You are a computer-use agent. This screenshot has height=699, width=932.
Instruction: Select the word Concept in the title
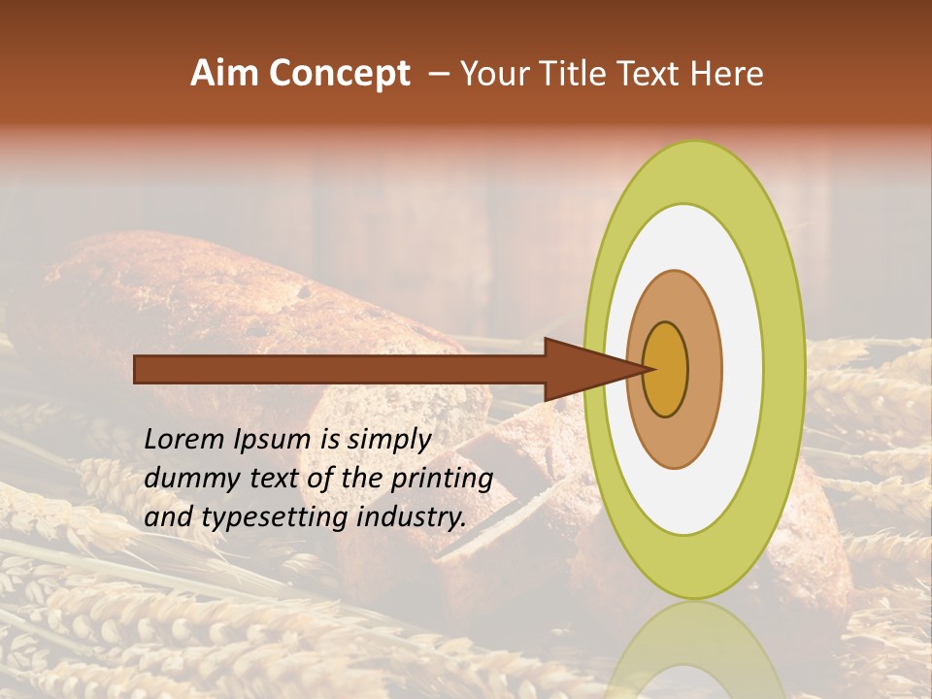point(340,74)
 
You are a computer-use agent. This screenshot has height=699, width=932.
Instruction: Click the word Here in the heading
point(726,74)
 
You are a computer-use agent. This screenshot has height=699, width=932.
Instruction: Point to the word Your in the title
point(496,74)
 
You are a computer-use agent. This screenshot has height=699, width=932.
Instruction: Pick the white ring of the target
point(742,369)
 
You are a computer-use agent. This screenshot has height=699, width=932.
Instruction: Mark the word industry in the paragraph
point(407,518)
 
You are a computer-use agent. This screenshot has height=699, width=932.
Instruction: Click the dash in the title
point(439,75)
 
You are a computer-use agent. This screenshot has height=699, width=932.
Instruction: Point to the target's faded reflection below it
point(693,655)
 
